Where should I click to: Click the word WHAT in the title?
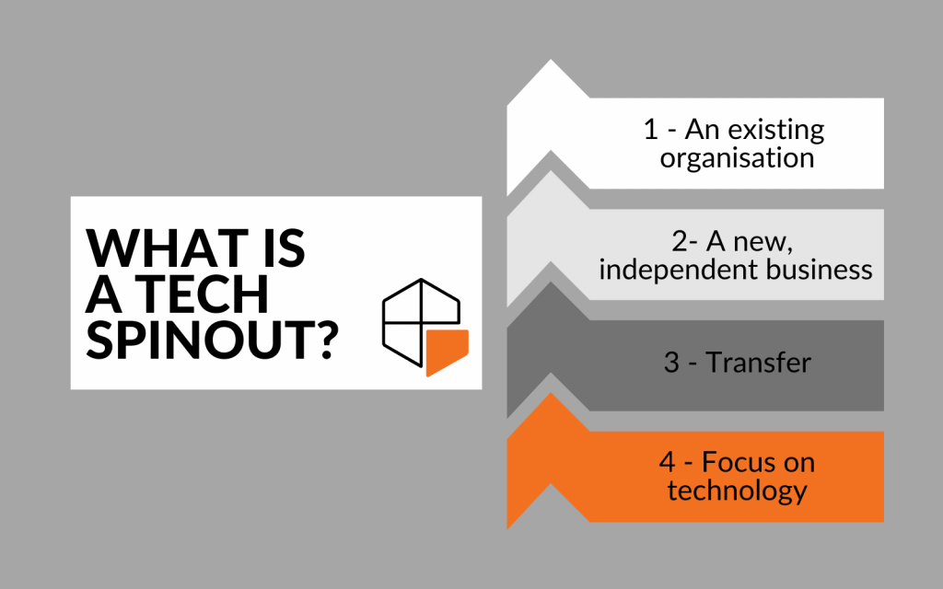[x=168, y=248]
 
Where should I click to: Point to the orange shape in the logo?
[x=447, y=352]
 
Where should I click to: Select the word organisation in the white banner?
[x=738, y=158]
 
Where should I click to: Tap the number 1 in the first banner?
[x=651, y=130]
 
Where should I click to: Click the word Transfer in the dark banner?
[x=759, y=363]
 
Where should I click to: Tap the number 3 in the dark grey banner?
[x=671, y=363]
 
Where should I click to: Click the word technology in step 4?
[x=738, y=491]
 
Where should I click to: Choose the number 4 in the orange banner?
[x=668, y=463]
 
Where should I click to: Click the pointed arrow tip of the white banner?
[x=551, y=60]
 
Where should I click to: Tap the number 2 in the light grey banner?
[x=681, y=242]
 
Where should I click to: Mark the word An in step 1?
[x=703, y=130]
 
